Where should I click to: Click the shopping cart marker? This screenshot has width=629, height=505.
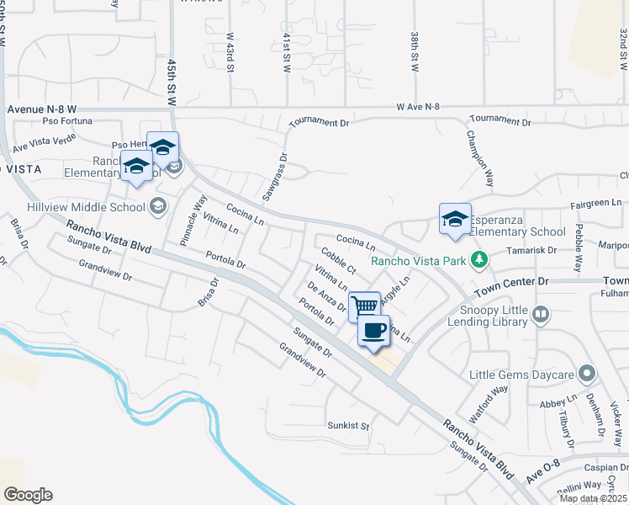tap(363, 305)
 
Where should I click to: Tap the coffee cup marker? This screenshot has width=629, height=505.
tap(374, 330)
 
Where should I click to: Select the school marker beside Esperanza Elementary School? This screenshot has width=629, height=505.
tap(455, 220)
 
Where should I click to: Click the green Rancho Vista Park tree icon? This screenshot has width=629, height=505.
tap(479, 260)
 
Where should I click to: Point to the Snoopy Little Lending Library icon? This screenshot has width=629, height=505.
tap(540, 315)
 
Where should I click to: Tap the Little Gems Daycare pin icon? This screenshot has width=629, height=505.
tap(587, 373)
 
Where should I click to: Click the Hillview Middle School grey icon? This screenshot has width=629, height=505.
tap(157, 206)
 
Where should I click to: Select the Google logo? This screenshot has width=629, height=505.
tap(28, 494)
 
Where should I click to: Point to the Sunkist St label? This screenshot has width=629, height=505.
tap(349, 426)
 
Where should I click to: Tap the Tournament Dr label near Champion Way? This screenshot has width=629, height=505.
tap(499, 122)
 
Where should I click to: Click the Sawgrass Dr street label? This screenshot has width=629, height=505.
tap(272, 176)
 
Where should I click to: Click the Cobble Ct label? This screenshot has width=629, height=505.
tap(337, 261)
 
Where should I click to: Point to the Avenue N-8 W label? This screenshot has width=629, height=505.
tap(42, 109)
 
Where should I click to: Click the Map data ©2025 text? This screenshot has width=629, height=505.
tap(593, 498)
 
